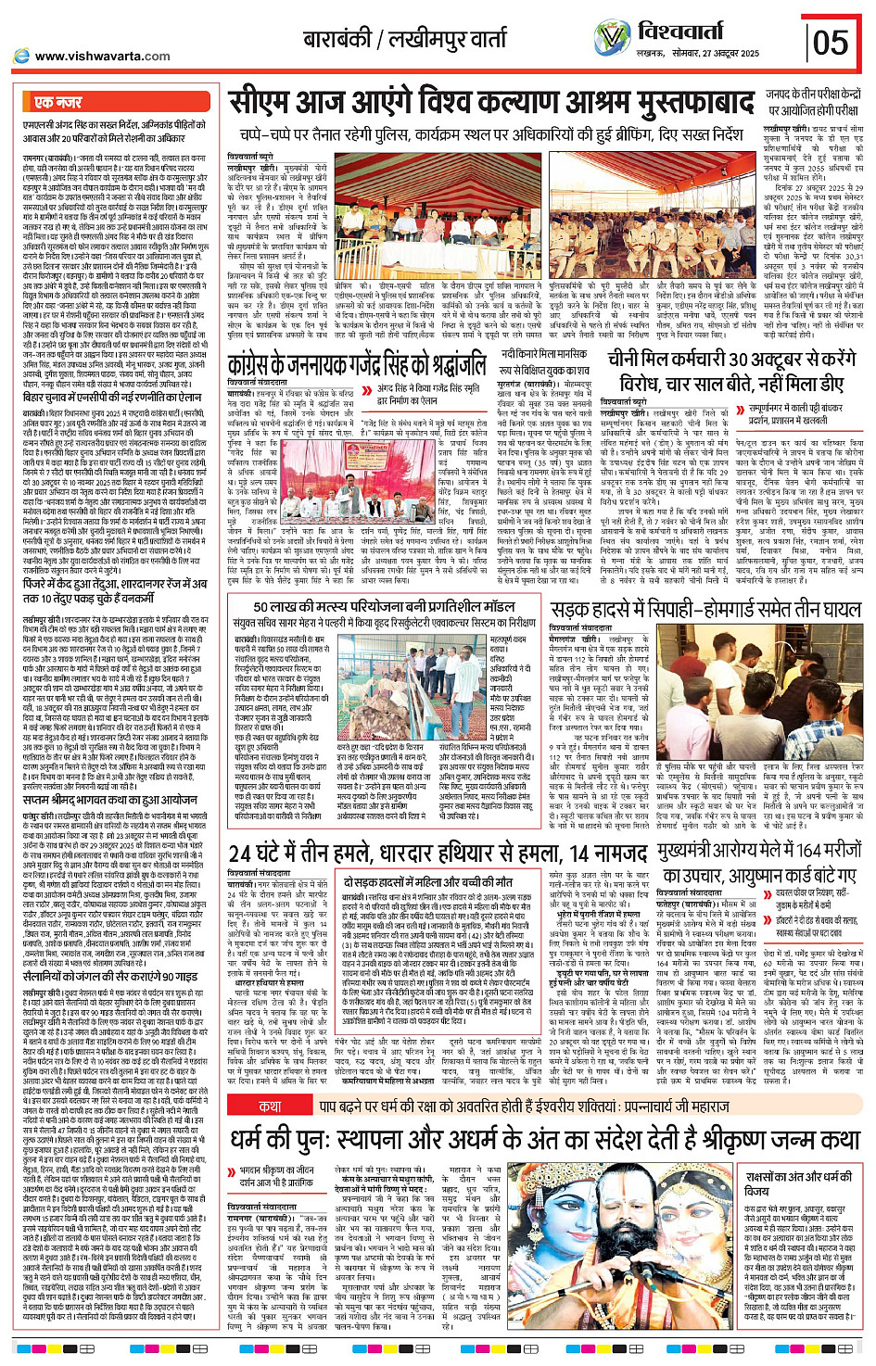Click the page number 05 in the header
(831, 42)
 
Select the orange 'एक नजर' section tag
(57, 101)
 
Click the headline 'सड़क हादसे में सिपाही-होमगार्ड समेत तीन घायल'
(706, 609)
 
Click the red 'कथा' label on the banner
(271, 1099)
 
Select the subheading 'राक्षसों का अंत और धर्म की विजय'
(797, 1183)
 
